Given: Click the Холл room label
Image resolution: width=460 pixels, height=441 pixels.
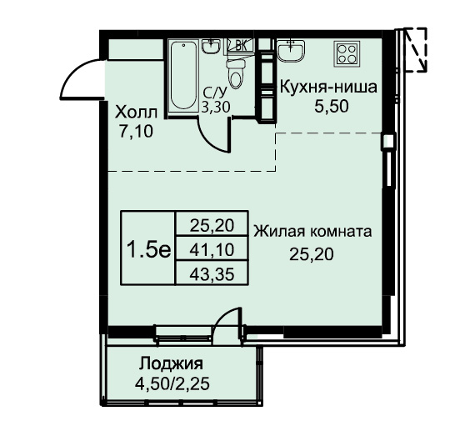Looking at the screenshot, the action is coord(136,113).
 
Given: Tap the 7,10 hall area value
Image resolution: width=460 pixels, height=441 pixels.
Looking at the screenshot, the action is coord(136,132).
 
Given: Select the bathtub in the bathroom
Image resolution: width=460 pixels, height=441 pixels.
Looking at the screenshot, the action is coord(183,77).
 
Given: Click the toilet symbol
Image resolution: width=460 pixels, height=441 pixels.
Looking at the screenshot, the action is coord(236,73).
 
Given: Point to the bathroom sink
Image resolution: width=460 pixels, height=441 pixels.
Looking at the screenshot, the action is coord(211,46).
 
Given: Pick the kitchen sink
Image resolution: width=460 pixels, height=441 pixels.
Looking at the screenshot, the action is coord(291,50).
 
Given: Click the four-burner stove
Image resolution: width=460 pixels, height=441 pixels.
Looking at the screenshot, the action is coord(347,53).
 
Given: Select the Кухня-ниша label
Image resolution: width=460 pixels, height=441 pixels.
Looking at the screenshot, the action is coord(328,88).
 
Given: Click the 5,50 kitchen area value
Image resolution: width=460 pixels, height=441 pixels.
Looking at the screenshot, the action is coord(332,107).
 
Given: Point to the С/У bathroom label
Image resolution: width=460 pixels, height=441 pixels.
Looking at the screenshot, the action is coord(215,93).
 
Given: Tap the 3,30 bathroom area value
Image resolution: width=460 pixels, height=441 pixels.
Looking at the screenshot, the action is coord(216,108).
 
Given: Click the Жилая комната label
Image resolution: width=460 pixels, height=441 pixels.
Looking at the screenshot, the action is coord(312,231).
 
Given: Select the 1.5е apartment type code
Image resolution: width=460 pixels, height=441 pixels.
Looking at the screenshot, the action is coord(148,250).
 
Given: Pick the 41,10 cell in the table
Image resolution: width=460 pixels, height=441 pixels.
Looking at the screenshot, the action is coord(212,250).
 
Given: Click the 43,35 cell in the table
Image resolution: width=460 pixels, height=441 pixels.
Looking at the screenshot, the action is coord(212,274).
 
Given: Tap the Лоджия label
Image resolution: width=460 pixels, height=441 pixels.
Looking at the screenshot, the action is coord(171,364).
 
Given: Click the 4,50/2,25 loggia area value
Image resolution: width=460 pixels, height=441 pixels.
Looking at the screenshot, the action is coord(172,383).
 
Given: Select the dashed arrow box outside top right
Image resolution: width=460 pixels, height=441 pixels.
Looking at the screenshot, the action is coord(415,50).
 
